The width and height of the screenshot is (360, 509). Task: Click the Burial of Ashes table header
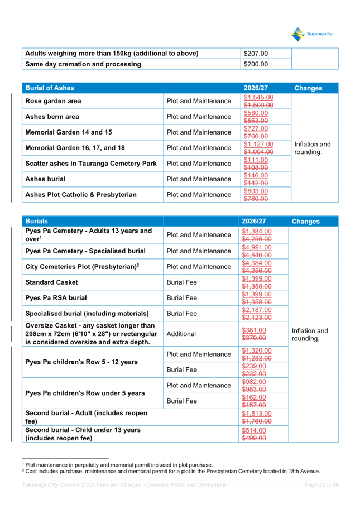50,88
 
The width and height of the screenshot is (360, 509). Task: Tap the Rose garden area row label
54,102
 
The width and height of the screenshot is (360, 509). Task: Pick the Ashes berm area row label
52,117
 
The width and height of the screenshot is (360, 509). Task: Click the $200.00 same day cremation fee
256,64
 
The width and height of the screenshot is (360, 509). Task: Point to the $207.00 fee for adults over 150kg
256,54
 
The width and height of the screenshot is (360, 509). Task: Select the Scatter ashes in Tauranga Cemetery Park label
91,164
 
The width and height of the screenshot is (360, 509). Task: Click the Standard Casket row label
52,282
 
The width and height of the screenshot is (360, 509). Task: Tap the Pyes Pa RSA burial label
56,298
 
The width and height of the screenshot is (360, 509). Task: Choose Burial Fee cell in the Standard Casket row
181,282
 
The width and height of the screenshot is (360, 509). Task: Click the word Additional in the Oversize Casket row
181,334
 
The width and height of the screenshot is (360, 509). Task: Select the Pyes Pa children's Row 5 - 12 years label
81,362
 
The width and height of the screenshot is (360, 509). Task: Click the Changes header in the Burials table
305,222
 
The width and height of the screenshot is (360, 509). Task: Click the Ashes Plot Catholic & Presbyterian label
81,195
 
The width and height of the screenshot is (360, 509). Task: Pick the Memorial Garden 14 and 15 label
69,133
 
